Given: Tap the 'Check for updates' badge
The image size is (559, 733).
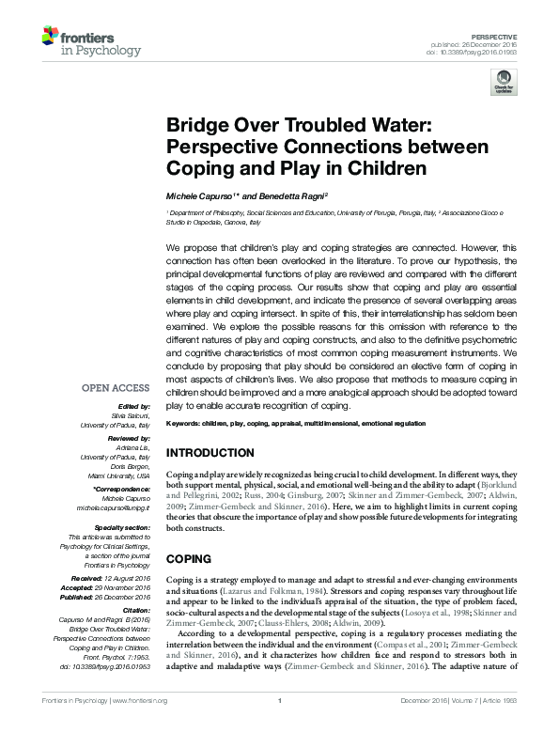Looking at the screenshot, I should (505, 86).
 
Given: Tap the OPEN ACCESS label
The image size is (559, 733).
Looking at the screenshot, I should (116, 386).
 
